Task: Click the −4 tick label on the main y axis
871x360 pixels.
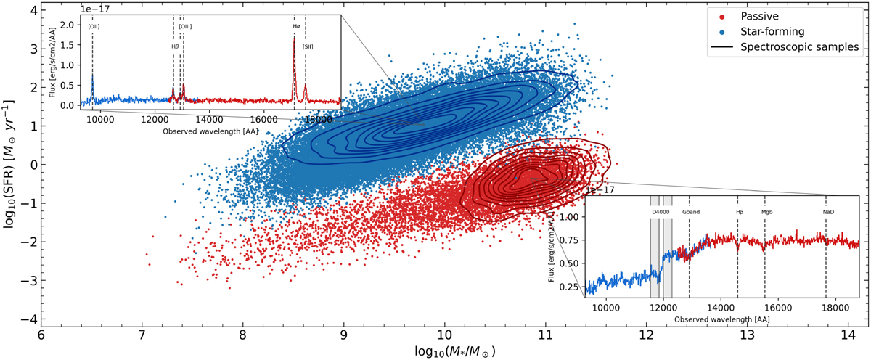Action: (x=26, y=319)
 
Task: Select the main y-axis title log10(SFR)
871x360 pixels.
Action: (x=9, y=165)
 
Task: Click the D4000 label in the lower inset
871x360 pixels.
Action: (x=660, y=212)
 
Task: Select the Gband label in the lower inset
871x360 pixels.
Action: (x=690, y=212)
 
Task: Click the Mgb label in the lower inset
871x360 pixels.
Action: (x=766, y=212)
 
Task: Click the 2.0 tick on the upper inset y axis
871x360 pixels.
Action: (x=75, y=25)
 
